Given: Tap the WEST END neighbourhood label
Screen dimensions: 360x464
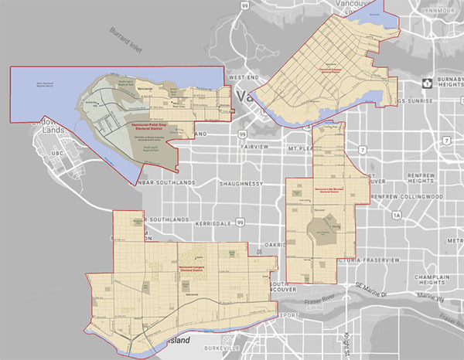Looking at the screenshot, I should (x=243, y=78).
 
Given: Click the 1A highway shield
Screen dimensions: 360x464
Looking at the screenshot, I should (x=397, y=214).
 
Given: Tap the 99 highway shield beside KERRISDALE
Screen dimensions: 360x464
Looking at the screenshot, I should (x=242, y=222).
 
